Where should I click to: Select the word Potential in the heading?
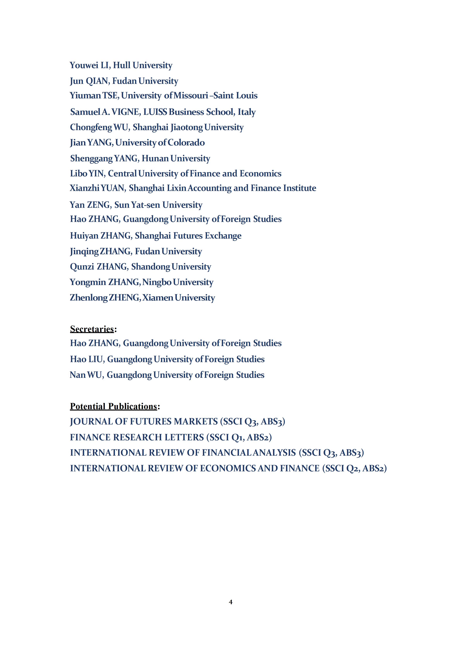(x=88, y=406)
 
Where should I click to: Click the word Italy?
(x=247, y=112)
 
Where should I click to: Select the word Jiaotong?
(x=187, y=127)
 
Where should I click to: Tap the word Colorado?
(x=186, y=143)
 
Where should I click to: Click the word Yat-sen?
(x=145, y=205)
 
